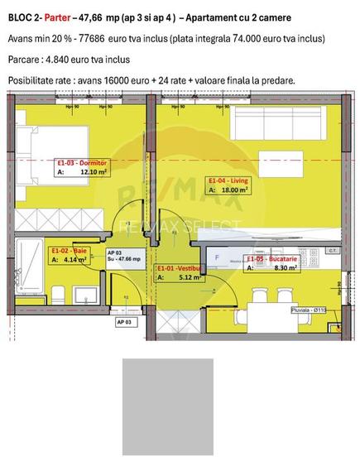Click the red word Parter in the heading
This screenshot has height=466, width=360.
(57, 17)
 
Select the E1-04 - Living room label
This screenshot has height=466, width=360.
(228, 180)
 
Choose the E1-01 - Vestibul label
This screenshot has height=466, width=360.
(178, 268)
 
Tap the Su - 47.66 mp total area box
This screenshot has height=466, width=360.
(121, 256)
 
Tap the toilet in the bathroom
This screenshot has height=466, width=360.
(55, 293)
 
